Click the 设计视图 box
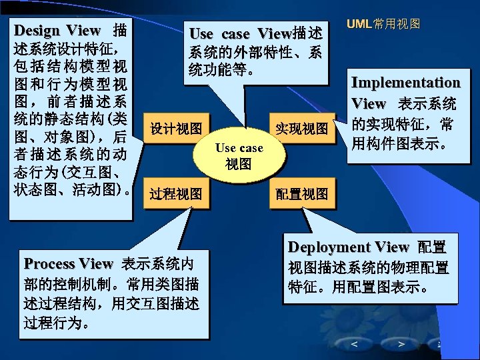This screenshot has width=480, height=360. click(x=177, y=128)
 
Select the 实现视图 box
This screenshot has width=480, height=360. click(x=302, y=128)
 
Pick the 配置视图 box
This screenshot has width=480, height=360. click(x=302, y=194)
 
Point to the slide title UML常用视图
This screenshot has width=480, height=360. click(x=383, y=23)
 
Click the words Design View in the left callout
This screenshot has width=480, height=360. click(x=57, y=31)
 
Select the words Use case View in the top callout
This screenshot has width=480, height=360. click(x=239, y=33)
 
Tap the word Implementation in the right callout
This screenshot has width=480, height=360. click(x=405, y=83)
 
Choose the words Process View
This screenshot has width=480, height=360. click(x=69, y=263)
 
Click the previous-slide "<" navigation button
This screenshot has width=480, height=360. click(x=354, y=344)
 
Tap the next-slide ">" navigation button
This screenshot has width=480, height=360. click(x=401, y=344)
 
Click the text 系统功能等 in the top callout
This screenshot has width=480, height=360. click(x=221, y=70)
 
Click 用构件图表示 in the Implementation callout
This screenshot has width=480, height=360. click(x=399, y=143)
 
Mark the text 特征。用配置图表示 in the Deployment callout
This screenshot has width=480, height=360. click(x=357, y=289)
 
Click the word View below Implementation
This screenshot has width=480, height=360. click(x=369, y=103)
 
